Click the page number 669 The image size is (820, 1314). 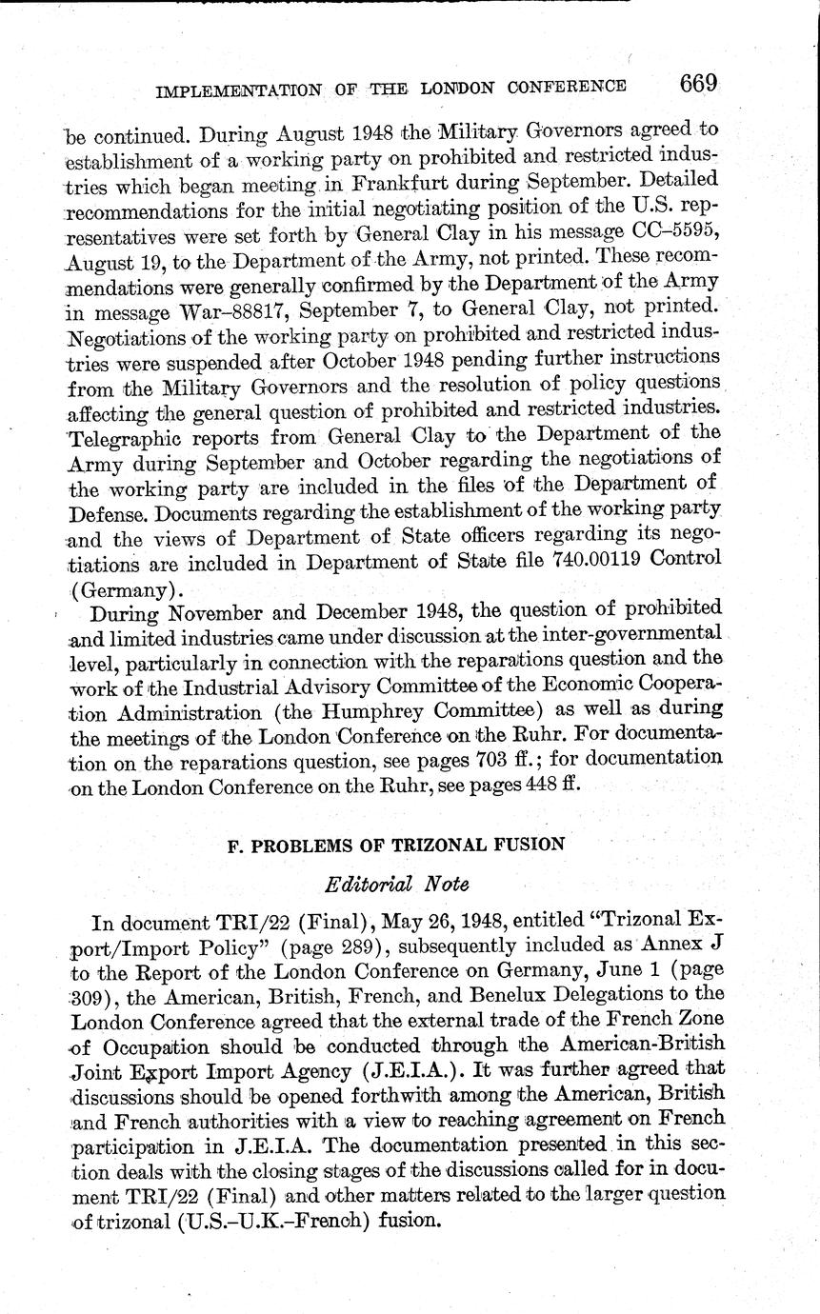(x=698, y=84)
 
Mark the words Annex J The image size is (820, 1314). (x=682, y=946)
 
